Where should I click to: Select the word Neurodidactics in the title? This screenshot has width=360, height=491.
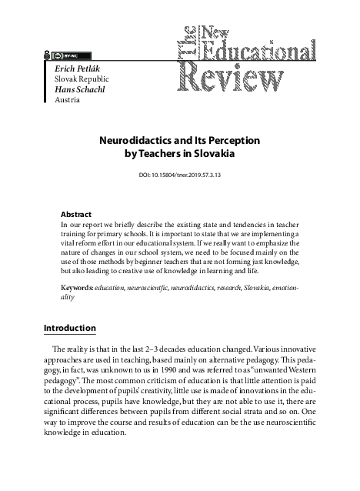pyautogui.click(x=135, y=142)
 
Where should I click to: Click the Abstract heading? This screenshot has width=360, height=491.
pyautogui.click(x=76, y=214)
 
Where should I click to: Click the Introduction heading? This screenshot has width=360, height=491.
pyautogui.click(x=69, y=328)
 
